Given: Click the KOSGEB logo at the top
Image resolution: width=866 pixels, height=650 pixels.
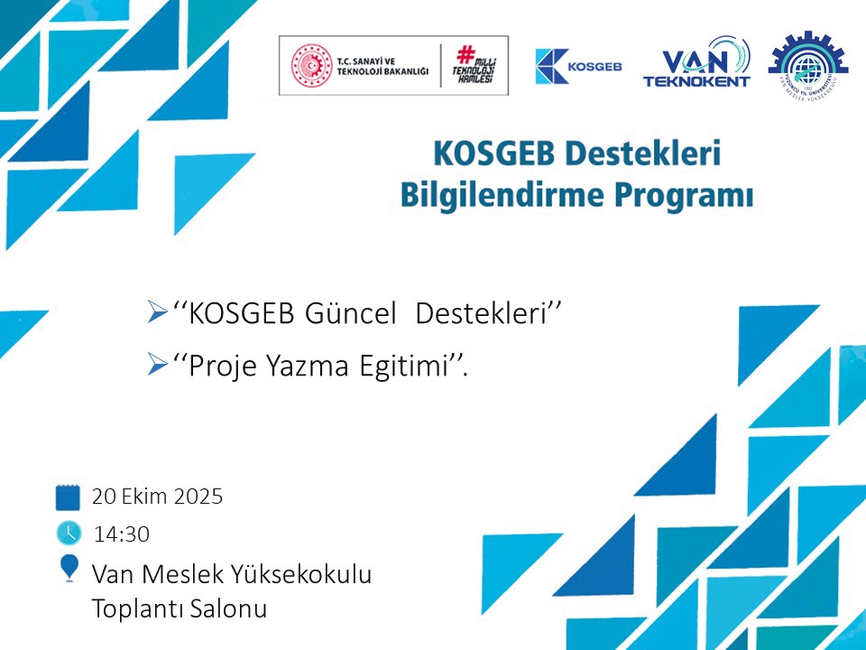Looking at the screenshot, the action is click(578, 66).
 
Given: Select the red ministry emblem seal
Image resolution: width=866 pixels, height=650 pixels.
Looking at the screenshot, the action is click(311, 66).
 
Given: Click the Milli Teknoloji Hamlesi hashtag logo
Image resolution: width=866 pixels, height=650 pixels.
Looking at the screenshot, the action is click(474, 65).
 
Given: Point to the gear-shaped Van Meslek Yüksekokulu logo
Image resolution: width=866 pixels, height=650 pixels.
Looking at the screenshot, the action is click(808, 64).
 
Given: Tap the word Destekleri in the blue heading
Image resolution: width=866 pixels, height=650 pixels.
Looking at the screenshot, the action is click(644, 153).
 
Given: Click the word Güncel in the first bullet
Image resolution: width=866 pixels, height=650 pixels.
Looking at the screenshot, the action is click(350, 313).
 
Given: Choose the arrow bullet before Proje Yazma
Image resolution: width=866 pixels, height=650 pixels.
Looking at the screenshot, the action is click(157, 365).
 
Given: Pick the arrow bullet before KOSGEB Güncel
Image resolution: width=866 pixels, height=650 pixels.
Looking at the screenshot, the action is click(157, 312).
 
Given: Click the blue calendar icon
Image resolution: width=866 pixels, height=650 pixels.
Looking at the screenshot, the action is click(68, 497).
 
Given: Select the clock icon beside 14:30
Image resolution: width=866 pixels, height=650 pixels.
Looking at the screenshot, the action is click(69, 533).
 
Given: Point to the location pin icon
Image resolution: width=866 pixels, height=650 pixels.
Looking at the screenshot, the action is click(69, 568).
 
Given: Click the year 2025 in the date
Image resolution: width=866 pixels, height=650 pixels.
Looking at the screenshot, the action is click(198, 497).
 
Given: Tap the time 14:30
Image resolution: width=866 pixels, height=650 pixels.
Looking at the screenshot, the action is click(122, 534).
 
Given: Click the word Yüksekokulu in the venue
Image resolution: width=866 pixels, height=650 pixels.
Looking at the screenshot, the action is click(300, 574).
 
